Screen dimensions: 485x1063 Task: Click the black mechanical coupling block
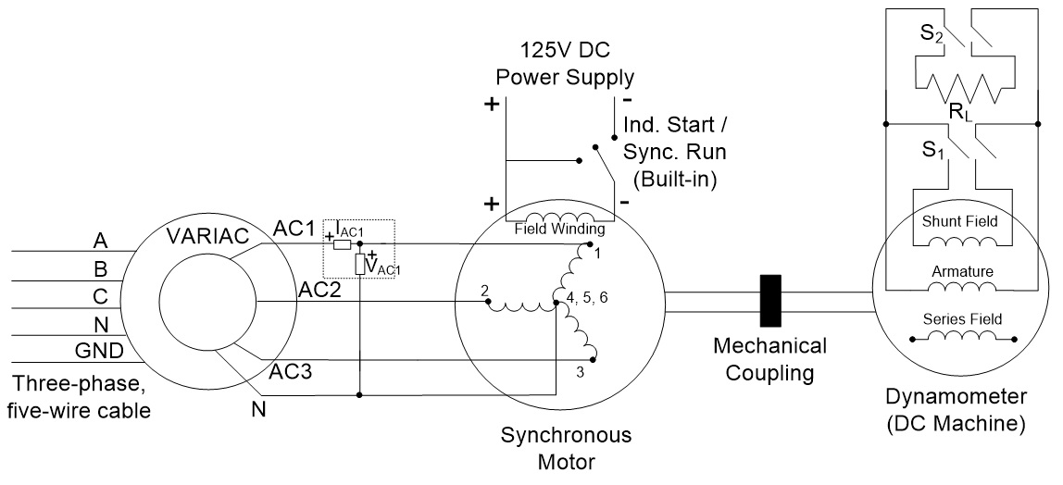769,301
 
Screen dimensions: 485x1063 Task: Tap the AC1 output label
294,228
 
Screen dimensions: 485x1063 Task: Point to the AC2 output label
318,289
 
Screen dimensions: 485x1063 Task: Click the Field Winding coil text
560,229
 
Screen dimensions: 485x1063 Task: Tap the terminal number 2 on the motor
484,291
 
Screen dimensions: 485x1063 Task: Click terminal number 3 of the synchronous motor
579,372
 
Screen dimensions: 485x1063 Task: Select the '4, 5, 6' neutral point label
581,298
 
